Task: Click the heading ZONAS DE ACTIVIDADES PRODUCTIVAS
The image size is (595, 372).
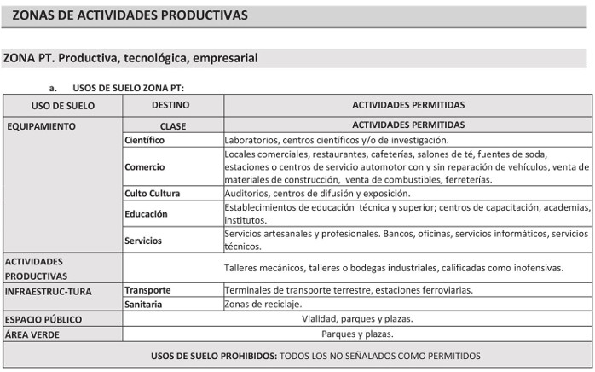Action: point(130,15)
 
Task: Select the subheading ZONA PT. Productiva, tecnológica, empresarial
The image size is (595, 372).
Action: point(130,58)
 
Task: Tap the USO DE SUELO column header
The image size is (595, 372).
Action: point(62,106)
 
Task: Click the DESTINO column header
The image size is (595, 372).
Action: point(170,105)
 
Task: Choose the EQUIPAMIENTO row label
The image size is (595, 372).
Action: point(41,126)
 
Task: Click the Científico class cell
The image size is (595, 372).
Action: point(144,140)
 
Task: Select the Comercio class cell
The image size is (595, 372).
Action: point(145,166)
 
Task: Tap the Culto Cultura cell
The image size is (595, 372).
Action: point(153,194)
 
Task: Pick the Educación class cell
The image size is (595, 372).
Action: point(146,213)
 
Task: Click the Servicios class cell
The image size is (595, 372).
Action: point(143,241)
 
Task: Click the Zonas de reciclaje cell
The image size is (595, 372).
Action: point(263,304)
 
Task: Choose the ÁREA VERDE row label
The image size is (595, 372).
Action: point(32,334)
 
